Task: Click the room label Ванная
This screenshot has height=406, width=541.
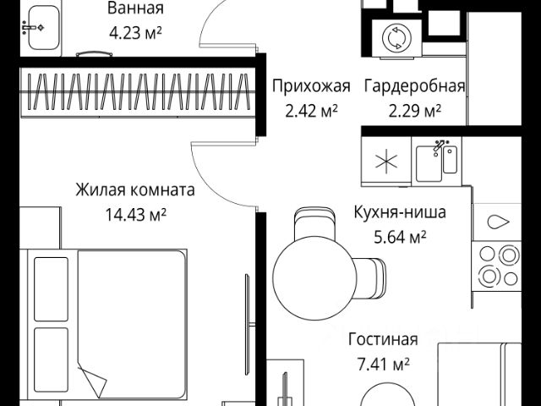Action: coord(135,9)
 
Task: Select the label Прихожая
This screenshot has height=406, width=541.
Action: coord(310,86)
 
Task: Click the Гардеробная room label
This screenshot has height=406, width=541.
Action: coord(414,86)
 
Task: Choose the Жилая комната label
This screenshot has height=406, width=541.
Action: coord(134,189)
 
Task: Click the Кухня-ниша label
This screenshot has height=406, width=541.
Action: coord(399,213)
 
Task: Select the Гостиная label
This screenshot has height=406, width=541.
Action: coord(384,340)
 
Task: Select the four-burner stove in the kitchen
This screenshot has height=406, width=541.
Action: coord(498,264)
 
